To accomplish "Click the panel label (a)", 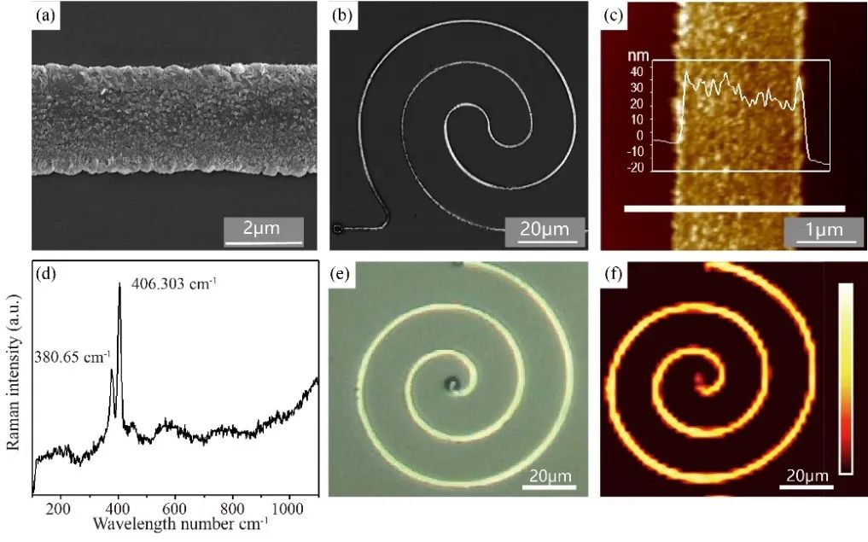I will (x=45, y=15).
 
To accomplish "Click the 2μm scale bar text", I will (x=262, y=229).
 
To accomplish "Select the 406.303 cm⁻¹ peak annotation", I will (x=173, y=281).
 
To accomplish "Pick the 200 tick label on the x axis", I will (x=59, y=510).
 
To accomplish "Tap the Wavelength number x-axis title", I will (x=180, y=522).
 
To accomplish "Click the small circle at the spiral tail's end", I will (x=337, y=228).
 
